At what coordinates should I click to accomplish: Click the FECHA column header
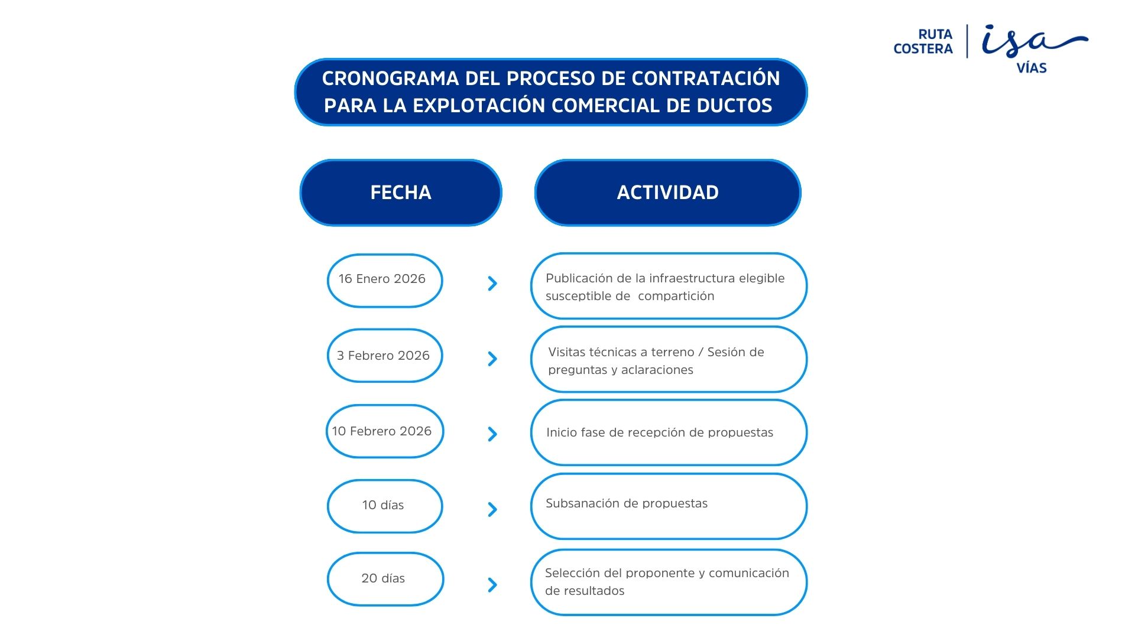click(401, 193)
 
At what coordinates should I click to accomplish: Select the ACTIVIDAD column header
click(668, 193)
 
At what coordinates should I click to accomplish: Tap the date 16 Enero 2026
click(382, 279)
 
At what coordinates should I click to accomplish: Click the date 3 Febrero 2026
click(383, 356)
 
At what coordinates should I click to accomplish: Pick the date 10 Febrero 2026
click(382, 431)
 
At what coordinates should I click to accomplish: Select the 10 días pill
click(385, 506)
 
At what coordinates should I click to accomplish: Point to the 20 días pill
click(385, 579)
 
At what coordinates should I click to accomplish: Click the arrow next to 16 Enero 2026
click(492, 284)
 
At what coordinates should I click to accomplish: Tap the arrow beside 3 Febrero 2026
click(492, 359)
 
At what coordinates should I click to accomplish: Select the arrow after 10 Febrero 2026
click(492, 434)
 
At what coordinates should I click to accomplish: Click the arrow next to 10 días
click(492, 509)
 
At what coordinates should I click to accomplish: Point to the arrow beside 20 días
click(492, 585)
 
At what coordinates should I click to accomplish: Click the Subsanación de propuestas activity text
click(627, 504)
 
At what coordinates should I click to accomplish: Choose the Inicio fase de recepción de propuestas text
click(660, 433)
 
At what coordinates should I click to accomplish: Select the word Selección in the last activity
click(569, 573)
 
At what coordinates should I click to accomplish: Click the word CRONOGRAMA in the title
click(390, 79)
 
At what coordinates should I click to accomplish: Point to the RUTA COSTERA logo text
click(923, 41)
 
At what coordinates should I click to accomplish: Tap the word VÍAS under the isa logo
click(1032, 68)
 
